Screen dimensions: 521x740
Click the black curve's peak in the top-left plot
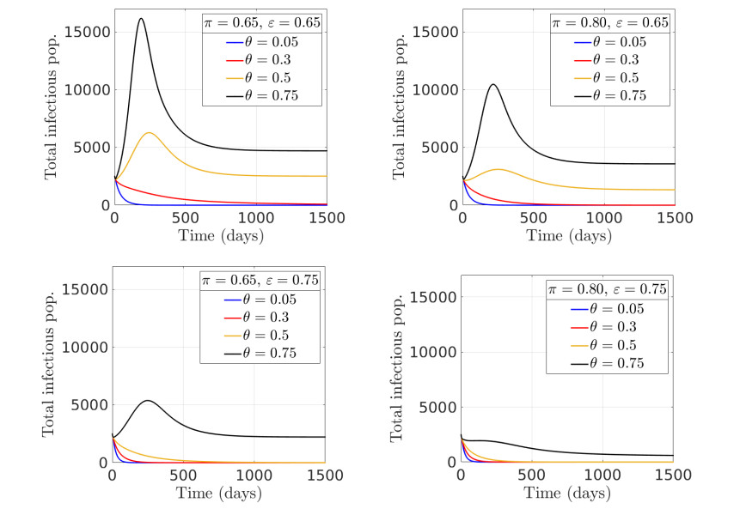(141, 19)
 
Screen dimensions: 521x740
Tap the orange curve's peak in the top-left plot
(149, 133)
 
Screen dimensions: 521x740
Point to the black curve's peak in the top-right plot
(492, 84)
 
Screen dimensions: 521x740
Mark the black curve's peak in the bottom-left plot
(147, 401)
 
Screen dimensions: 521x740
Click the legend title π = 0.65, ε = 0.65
(261, 23)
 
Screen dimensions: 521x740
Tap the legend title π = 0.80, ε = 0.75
(607, 290)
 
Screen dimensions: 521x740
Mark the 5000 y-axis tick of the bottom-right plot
(435, 407)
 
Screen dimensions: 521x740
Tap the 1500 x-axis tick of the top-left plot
(327, 217)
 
